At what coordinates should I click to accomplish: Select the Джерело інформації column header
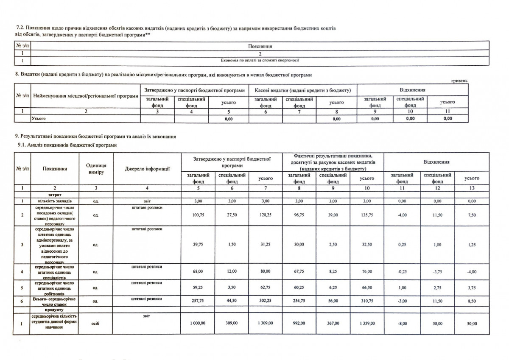point(147,169)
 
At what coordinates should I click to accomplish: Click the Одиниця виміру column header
point(96,169)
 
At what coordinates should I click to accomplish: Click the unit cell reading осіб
point(96,324)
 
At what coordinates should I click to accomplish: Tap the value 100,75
point(199,215)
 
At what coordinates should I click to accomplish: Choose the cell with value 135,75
point(366,215)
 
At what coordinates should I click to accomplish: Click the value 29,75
point(199,245)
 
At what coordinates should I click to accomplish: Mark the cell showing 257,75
point(199,301)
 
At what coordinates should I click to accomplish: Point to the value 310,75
point(366,301)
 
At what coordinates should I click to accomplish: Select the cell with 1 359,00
point(366,324)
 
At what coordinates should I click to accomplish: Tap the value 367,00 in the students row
point(333,324)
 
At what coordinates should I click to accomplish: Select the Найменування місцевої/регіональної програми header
point(86,96)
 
